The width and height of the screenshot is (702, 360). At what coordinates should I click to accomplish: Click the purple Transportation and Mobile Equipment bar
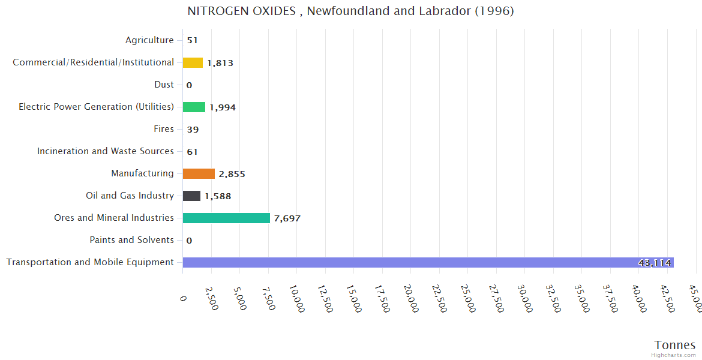(x=428, y=262)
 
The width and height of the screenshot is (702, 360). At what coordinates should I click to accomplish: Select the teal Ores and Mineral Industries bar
(x=226, y=218)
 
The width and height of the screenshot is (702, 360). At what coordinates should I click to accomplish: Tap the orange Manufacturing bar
(x=199, y=173)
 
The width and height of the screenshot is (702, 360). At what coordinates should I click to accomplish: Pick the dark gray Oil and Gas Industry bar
(x=191, y=196)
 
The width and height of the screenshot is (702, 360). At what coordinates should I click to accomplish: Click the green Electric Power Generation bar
(x=194, y=107)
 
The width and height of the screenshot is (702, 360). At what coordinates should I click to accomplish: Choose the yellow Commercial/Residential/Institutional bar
(x=193, y=62)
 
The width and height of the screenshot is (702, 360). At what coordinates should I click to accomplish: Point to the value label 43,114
(x=655, y=263)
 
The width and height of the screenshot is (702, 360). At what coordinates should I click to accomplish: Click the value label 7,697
(x=287, y=218)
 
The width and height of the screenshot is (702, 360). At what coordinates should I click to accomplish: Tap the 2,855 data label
(x=232, y=174)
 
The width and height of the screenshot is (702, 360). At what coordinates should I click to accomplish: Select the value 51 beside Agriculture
(x=192, y=41)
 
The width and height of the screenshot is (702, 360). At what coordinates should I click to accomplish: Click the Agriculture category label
(x=149, y=40)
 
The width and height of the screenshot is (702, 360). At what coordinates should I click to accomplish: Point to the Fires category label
(x=164, y=129)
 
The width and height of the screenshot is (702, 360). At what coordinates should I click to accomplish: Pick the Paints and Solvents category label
(x=131, y=240)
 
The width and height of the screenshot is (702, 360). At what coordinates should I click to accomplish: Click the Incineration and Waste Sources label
(x=106, y=151)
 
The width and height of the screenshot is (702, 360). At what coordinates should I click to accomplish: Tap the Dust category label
(x=164, y=85)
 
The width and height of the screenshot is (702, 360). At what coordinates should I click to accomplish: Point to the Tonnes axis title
(x=674, y=344)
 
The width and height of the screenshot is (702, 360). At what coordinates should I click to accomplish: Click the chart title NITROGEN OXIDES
(x=350, y=11)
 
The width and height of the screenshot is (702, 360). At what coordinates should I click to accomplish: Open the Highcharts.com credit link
(x=674, y=355)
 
